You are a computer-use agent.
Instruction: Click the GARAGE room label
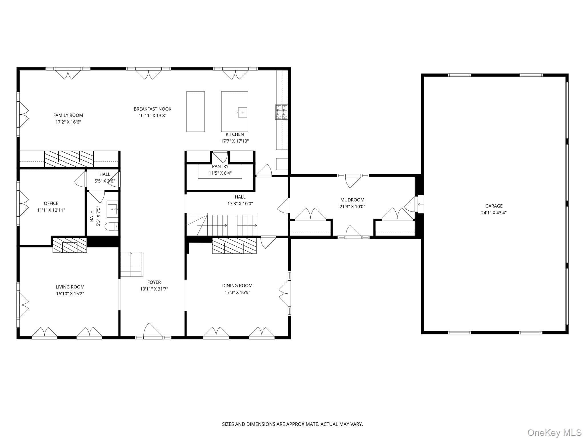pos(494,206)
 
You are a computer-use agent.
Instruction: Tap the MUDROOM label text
pos(352,200)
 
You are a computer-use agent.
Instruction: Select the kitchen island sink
pos(242,112)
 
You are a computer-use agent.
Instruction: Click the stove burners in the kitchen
pos(281,112)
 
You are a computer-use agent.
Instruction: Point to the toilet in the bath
pos(112,227)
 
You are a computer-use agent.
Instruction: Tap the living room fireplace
pos(70,245)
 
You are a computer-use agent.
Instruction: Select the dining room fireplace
pos(234,246)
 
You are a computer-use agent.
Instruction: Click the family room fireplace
pos(69,159)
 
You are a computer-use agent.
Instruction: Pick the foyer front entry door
pos(153,331)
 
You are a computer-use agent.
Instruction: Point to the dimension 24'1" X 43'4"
pos(494,213)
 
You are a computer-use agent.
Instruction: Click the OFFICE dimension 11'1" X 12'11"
pos(51,210)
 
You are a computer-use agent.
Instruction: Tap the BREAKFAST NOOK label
pos(153,109)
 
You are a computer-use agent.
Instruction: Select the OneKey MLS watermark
pos(554,433)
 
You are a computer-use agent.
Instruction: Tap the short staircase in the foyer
pos(131,264)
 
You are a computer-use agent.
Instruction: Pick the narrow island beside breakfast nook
pos(195,111)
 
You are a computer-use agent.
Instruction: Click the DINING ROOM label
pos(237,286)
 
